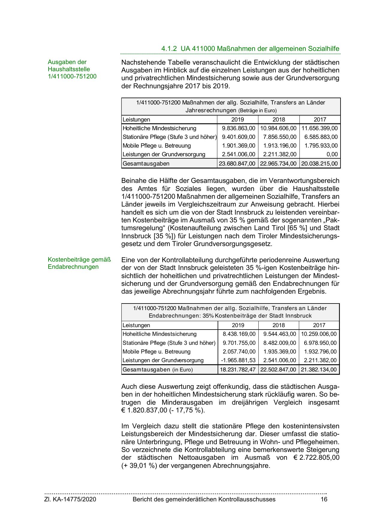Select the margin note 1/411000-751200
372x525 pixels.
pyautogui.click(x=72, y=76)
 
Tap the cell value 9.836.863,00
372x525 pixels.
pyautogui.click(x=239, y=128)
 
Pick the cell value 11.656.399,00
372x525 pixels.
pyautogui.click(x=320, y=128)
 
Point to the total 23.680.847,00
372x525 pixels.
pyautogui.click(x=237, y=164)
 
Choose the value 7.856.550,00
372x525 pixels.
pyautogui.click(x=280, y=137)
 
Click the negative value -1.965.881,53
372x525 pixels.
pyautogui.click(x=238, y=360)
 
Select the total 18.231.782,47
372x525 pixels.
pyautogui.click(x=238, y=370)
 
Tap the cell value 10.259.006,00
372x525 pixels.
pyautogui.click(x=319, y=334)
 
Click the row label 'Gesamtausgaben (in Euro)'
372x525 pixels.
pyautogui.click(x=158, y=370)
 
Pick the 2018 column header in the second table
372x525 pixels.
pyautogui.click(x=279, y=325)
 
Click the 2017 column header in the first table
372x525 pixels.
pyautogui.click(x=320, y=119)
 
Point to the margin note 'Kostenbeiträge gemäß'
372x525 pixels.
pyautogui.click(x=79, y=260)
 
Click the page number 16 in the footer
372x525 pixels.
pyautogui.click(x=324, y=499)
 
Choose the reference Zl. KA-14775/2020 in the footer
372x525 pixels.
pyautogui.click(x=70, y=499)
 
